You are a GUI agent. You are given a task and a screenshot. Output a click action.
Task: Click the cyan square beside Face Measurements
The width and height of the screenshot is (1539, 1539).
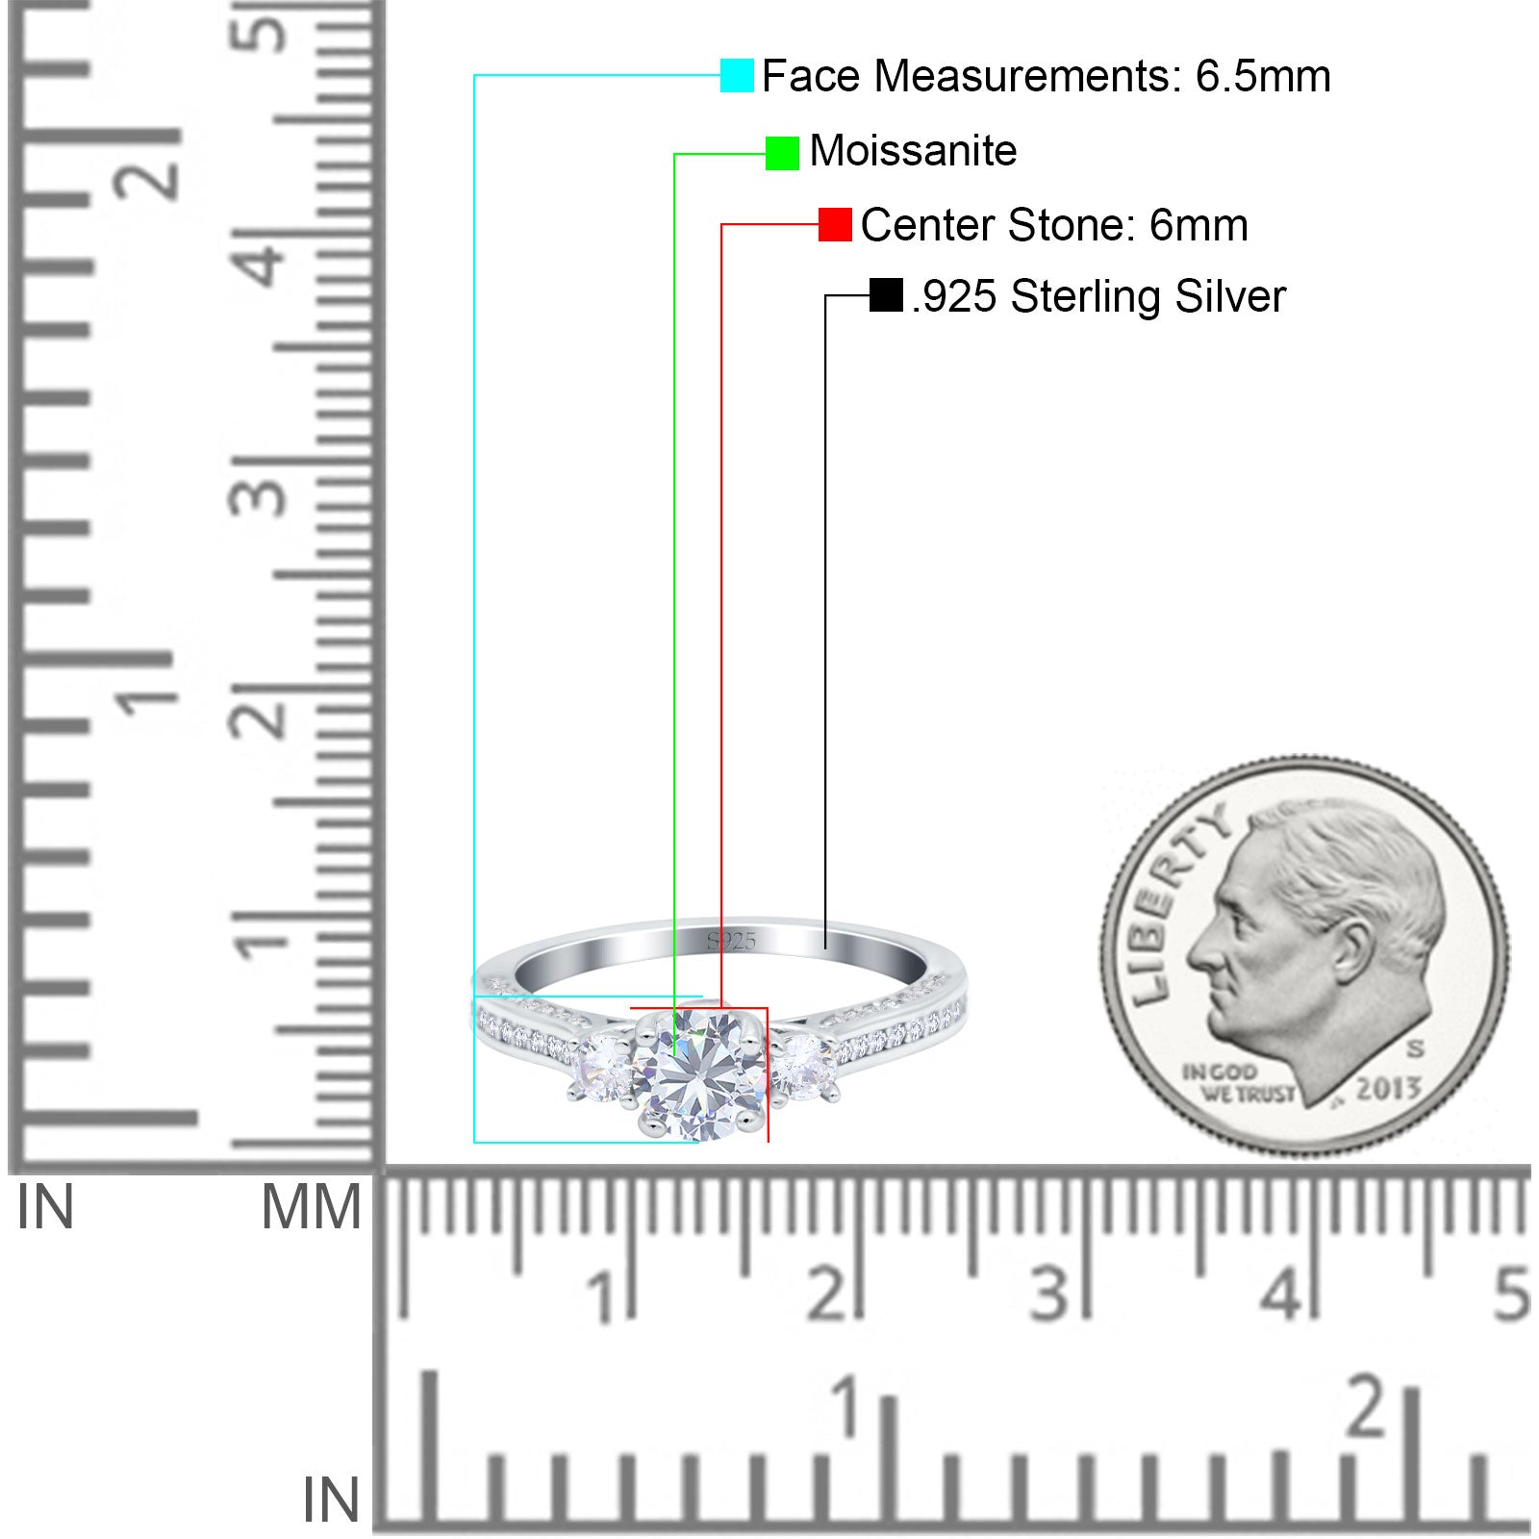point(737,75)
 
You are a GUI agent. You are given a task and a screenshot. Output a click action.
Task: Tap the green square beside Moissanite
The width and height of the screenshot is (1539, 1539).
point(782,153)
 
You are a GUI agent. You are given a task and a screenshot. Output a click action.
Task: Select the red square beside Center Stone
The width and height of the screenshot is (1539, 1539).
point(835,225)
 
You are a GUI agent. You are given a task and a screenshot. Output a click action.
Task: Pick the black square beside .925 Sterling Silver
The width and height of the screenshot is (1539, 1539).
point(886,295)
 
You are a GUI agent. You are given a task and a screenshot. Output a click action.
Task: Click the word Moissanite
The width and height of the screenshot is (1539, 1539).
point(913,151)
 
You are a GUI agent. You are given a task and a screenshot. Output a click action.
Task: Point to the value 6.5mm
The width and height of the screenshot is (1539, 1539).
point(1263,76)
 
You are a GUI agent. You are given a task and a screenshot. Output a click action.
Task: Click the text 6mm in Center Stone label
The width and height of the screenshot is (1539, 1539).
point(1198,225)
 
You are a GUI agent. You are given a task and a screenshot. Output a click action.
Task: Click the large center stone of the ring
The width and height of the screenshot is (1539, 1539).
point(699,1073)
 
